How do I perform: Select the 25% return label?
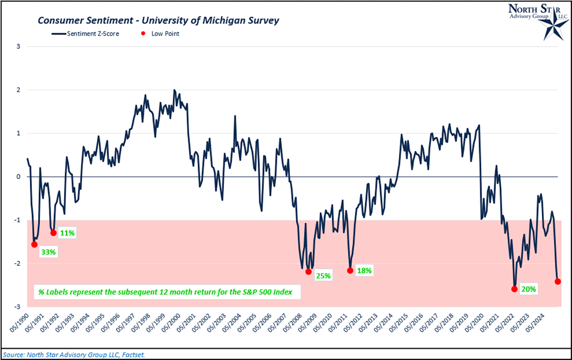[x=322, y=276]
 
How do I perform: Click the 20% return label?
[x=529, y=288]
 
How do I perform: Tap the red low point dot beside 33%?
[x=34, y=245]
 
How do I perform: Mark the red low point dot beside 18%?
[x=350, y=271]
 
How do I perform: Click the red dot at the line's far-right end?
[x=558, y=281]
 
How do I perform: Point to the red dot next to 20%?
[x=514, y=289]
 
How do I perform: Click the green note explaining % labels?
[x=167, y=292]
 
